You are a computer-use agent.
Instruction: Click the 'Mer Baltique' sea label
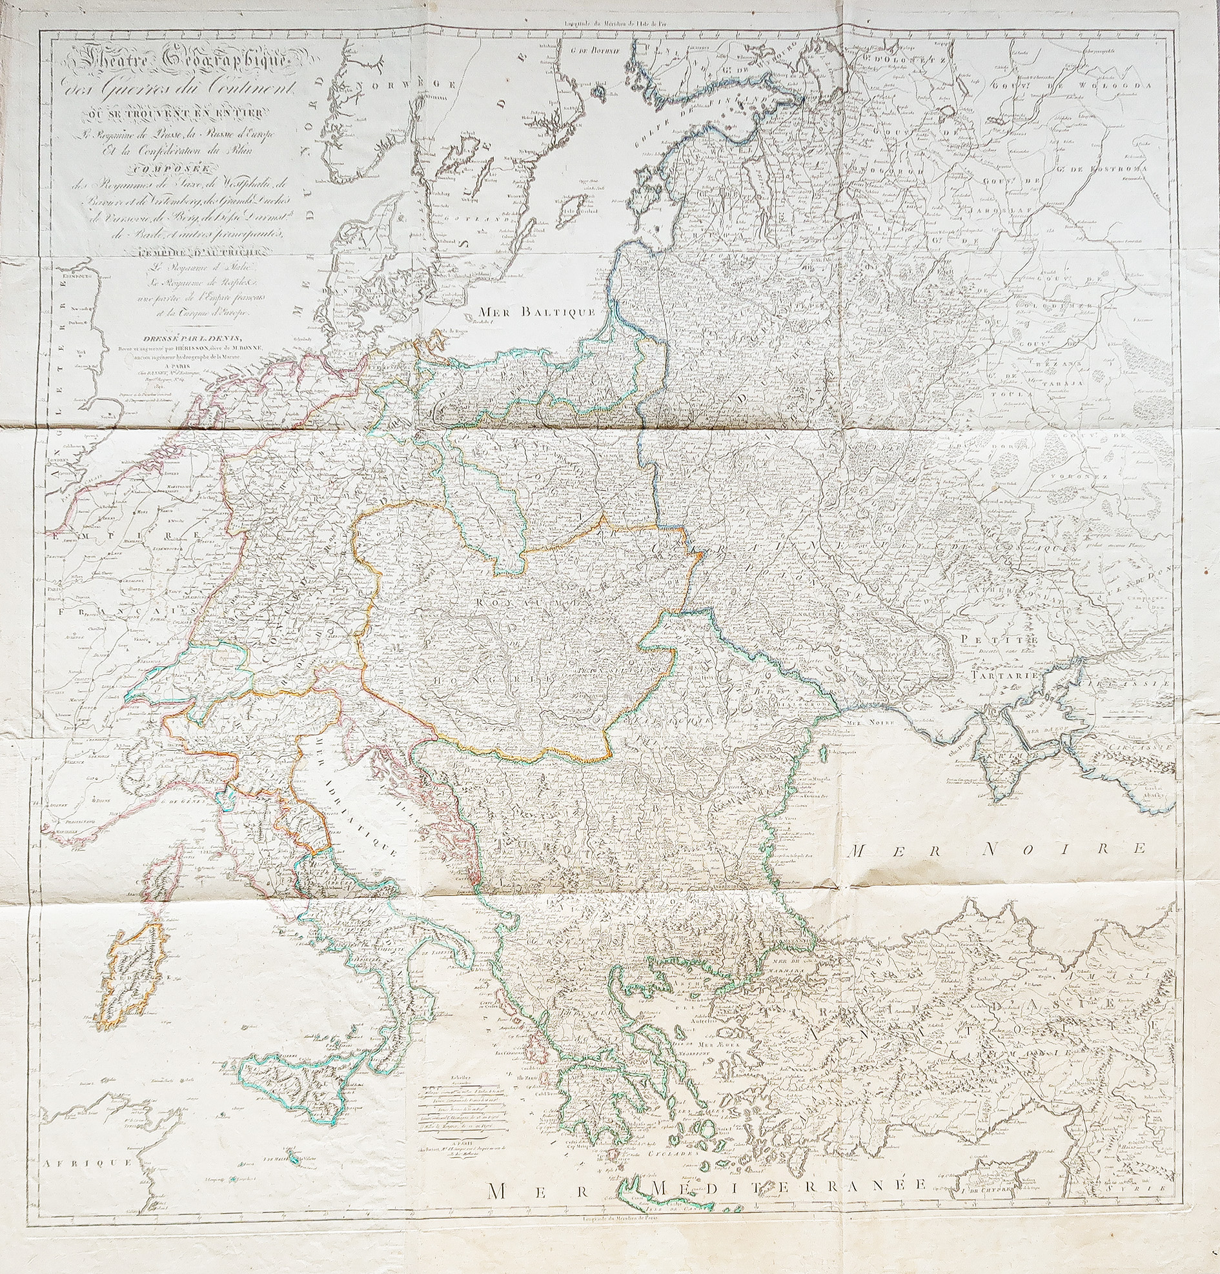pos(535,312)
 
